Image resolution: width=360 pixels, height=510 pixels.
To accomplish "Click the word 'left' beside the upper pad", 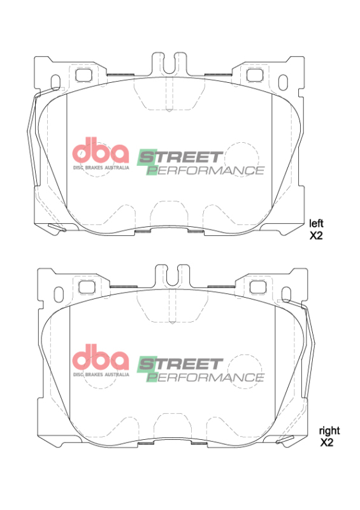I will pyautogui.click(x=317, y=223).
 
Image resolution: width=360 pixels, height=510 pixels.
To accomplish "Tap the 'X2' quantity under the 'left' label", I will pyautogui.click(x=317, y=235).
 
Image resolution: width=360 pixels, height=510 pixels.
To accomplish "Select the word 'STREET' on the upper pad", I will pyautogui.click(x=180, y=157).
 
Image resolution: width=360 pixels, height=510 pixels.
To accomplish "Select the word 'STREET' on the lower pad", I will pyautogui.click(x=180, y=364).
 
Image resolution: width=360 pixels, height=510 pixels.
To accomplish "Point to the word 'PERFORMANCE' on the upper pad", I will pyautogui.click(x=205, y=170).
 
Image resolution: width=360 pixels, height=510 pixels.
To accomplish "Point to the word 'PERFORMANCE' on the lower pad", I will pyautogui.click(x=205, y=377).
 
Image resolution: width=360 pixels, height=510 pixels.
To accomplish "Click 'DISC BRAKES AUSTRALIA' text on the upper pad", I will pyautogui.click(x=101, y=167).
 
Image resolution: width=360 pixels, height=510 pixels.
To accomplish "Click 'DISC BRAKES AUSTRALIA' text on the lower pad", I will pyautogui.click(x=101, y=374).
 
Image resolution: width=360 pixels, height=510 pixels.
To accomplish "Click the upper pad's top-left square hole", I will pyautogui.click(x=83, y=74).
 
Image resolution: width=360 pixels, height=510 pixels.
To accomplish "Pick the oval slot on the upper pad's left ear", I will pyautogui.click(x=55, y=84).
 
